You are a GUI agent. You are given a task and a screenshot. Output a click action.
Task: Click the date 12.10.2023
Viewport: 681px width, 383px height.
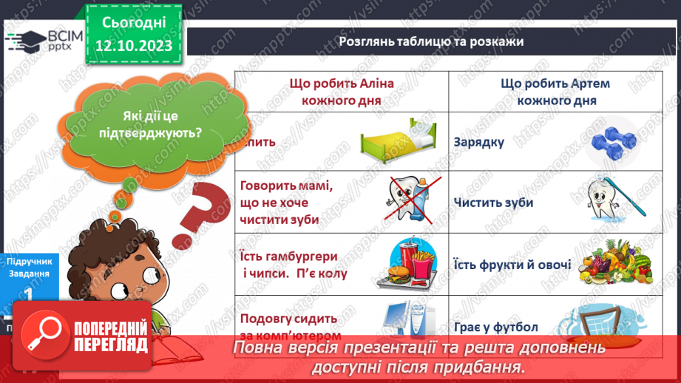point(133,46)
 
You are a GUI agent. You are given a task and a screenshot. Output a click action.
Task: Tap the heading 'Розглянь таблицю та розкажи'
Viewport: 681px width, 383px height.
point(432,41)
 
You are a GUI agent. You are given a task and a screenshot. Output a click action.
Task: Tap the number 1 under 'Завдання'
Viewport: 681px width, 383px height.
point(28,294)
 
